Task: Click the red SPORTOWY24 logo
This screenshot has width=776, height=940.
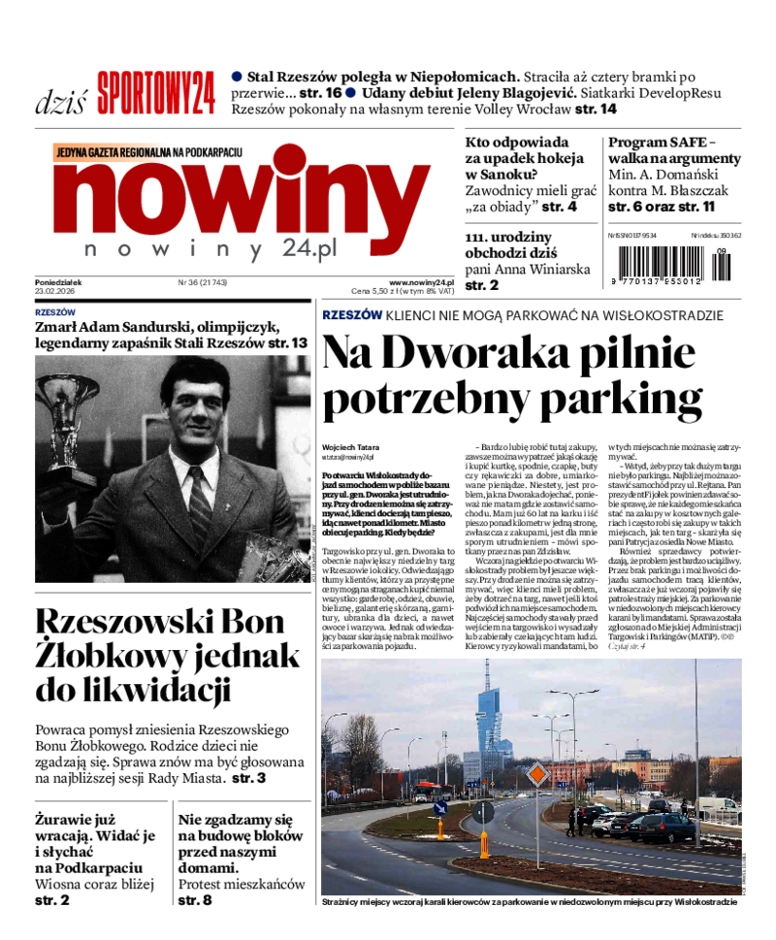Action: tap(154, 95)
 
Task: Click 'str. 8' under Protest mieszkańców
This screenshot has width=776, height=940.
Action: tap(194, 901)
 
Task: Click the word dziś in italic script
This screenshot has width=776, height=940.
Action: tap(61, 102)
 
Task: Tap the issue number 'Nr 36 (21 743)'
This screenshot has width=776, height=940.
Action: tap(203, 282)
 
